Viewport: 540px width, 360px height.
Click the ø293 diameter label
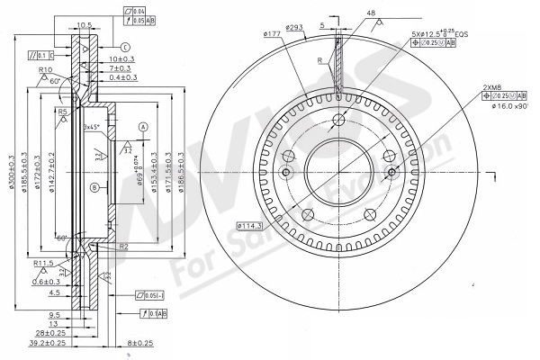pos(294,28)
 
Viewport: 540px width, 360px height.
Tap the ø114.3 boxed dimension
pos(249,225)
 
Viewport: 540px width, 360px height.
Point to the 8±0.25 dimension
pos(141,343)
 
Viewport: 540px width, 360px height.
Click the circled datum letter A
pos(142,127)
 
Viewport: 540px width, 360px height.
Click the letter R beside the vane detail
pos(320,60)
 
